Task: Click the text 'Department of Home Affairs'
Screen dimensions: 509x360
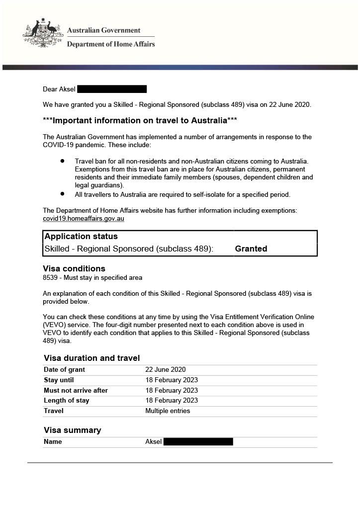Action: pos(110,44)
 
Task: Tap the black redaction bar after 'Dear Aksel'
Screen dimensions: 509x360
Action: pos(112,89)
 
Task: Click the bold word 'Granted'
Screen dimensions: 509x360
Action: pos(251,249)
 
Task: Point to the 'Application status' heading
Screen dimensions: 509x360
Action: pos(81,237)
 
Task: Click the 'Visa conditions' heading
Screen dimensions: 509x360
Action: pos(74,269)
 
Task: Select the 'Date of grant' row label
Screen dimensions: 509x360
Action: pos(64,370)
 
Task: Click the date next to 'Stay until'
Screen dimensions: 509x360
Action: pos(172,380)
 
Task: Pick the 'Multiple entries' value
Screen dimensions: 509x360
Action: pos(168,411)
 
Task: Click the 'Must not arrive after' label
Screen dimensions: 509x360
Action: pos(76,391)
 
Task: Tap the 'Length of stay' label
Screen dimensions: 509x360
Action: pos(67,401)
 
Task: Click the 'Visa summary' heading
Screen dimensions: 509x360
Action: pos(72,430)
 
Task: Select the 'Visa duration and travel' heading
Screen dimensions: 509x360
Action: pos(91,358)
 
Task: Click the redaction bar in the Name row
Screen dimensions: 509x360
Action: pos(198,441)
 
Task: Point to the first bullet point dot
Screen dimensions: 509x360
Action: pos(63,161)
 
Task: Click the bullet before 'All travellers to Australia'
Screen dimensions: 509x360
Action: pos(63,194)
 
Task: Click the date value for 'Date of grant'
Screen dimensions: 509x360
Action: pos(165,370)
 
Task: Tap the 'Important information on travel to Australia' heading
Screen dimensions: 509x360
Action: pos(140,120)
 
